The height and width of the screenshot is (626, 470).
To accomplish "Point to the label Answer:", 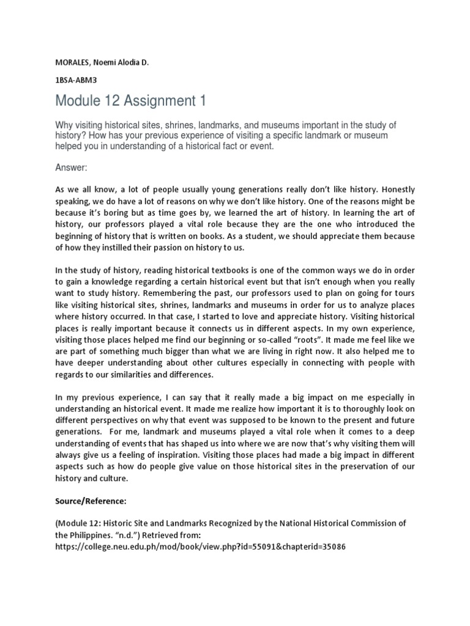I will pos(72,166).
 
